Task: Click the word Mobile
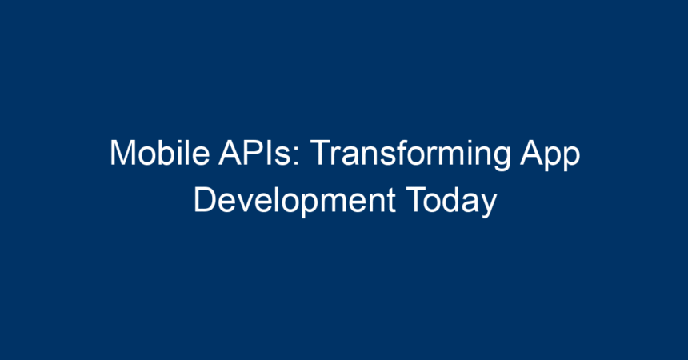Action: pyautogui.click(x=160, y=152)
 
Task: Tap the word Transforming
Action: pyautogui.click(x=410, y=154)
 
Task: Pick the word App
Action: pyautogui.click(x=550, y=154)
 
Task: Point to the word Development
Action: pyautogui.click(x=295, y=201)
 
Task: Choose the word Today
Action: pyautogui.click(x=451, y=201)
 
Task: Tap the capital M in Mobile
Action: pyautogui.click(x=123, y=152)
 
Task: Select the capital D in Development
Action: pyautogui.click(x=206, y=200)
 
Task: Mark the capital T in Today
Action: pyautogui.click(x=416, y=200)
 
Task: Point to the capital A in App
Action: pyautogui.click(x=532, y=152)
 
